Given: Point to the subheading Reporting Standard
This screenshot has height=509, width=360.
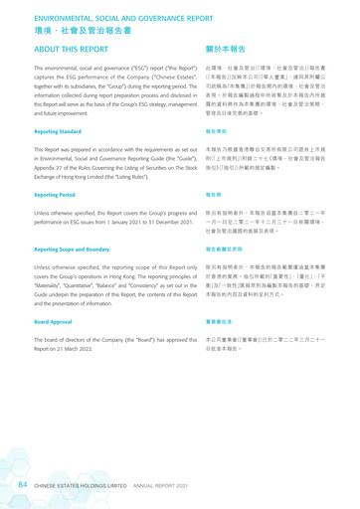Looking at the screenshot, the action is pos(58,130).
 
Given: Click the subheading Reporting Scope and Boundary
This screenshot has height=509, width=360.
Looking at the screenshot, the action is pos(77,250).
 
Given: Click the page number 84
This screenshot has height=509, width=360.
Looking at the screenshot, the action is pos(21,485).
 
